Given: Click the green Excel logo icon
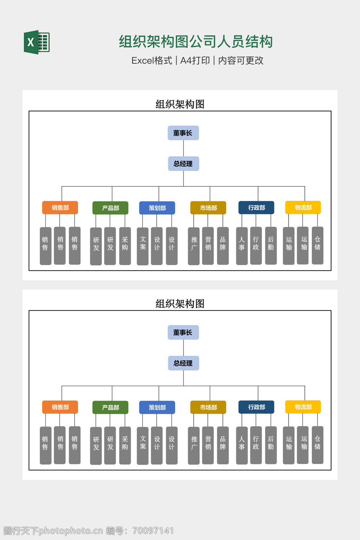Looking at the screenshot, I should (37, 42).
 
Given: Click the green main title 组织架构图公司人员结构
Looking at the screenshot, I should (195, 41).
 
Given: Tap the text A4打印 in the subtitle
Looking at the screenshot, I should (195, 60).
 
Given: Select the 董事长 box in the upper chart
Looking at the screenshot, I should (183, 133).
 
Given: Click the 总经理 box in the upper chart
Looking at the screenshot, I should (183, 164).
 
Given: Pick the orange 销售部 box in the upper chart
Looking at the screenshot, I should (60, 208).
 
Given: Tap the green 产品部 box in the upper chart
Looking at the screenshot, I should (110, 208).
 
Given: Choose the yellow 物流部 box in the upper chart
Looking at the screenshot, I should (303, 207).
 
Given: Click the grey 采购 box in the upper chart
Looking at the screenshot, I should (125, 246).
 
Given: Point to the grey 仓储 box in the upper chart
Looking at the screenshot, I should (317, 245).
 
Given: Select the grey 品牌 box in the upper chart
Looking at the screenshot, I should (223, 246).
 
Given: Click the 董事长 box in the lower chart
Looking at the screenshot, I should (183, 333).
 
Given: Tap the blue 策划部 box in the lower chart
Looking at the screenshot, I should (157, 407).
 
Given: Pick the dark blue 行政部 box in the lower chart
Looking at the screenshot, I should (256, 407).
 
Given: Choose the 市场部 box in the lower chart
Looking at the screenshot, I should (208, 407).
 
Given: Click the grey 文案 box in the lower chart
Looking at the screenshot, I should (143, 445).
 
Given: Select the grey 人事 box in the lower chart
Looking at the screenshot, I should (242, 445).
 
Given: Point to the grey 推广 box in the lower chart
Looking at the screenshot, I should (194, 445).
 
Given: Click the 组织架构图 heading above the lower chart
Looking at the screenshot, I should (180, 304).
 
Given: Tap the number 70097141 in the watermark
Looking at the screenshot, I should (153, 531).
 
